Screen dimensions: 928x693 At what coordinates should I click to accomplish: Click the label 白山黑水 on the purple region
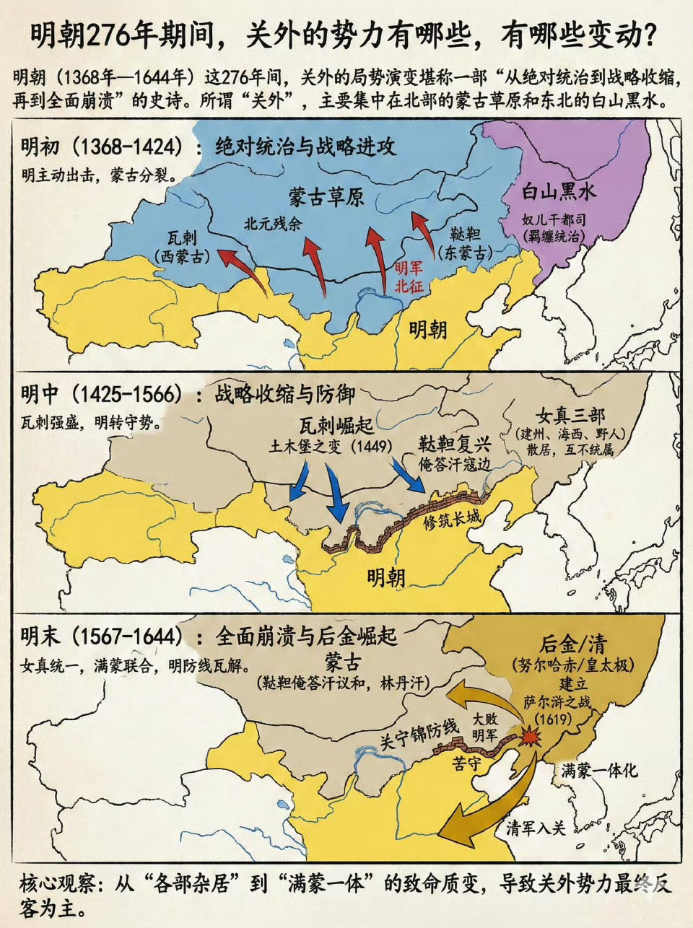[559, 192]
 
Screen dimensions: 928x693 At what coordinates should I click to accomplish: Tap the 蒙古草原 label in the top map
[326, 197]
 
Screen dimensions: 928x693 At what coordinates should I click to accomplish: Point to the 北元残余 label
[273, 223]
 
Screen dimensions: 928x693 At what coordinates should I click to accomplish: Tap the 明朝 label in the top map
[428, 330]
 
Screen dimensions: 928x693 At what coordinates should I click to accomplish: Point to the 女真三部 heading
[570, 416]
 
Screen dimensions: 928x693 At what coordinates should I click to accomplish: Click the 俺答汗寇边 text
[455, 464]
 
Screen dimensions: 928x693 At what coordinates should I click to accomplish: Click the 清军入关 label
[536, 828]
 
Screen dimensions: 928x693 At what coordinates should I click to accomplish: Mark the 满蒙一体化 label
[599, 770]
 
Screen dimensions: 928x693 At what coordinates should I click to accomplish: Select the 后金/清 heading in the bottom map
[573, 644]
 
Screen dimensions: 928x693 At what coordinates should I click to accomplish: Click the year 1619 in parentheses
[554, 719]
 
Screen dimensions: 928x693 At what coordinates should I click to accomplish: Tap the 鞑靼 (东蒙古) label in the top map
[465, 243]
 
